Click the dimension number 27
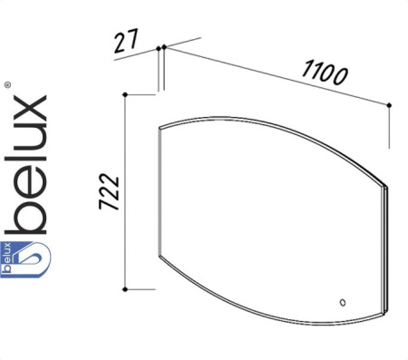(126, 40)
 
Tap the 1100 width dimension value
(325, 73)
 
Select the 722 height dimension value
(109, 191)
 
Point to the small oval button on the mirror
(343, 302)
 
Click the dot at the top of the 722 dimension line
(126, 95)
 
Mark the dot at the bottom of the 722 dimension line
(125, 289)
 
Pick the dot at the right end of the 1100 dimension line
(389, 105)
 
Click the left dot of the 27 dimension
(159, 48)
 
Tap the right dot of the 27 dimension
(164, 47)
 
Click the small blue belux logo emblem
(25, 259)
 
